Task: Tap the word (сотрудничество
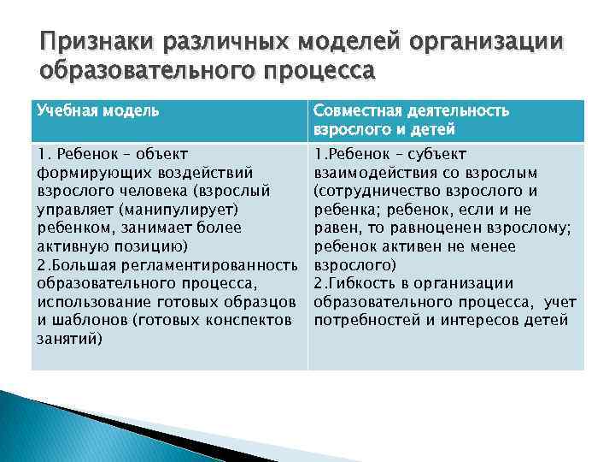click(378, 191)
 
